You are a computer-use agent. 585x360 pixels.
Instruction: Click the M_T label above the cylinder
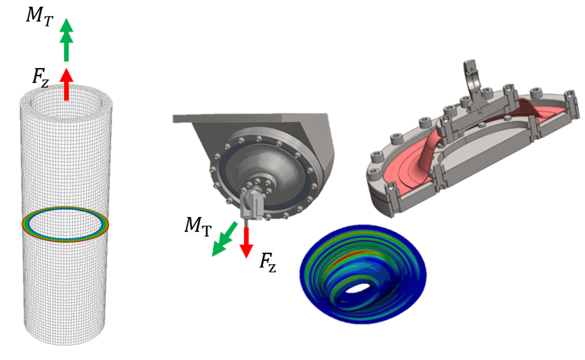pyautogui.click(x=40, y=17)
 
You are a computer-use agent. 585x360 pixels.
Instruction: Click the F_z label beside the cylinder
pyautogui.click(x=40, y=77)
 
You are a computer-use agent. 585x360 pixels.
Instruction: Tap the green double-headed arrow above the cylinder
pyautogui.click(x=66, y=40)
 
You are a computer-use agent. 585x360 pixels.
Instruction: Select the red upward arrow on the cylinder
pyautogui.click(x=66, y=84)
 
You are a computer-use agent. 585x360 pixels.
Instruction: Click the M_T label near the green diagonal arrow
pyautogui.click(x=198, y=227)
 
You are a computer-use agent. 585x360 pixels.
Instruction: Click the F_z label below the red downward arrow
pyautogui.click(x=268, y=262)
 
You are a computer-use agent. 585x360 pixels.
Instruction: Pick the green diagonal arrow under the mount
pyautogui.click(x=225, y=239)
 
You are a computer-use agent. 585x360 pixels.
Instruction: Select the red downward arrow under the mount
pyautogui.click(x=246, y=243)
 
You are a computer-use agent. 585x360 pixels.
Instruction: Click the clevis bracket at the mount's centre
pyautogui.click(x=252, y=205)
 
